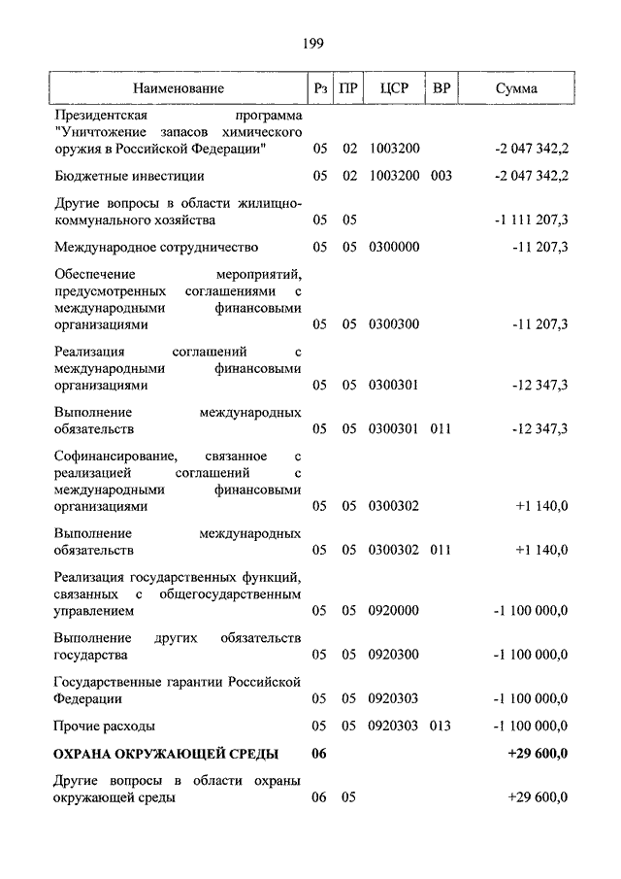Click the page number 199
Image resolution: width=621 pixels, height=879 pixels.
click(311, 43)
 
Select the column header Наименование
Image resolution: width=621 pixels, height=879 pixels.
click(179, 88)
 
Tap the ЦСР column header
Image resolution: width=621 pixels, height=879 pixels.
click(395, 88)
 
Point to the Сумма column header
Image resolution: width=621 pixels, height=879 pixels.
click(516, 88)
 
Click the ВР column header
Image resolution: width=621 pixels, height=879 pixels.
click(441, 88)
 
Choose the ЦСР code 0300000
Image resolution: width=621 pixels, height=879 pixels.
click(394, 247)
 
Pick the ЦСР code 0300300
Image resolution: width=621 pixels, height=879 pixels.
click(394, 323)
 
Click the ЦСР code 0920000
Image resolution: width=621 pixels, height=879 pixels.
click(394, 611)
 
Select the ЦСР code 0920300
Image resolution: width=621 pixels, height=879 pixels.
click(394, 655)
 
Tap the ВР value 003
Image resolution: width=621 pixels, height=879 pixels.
click(441, 176)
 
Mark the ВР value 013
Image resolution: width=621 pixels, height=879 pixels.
click(441, 726)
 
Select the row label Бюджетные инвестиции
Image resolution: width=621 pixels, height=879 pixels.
click(129, 176)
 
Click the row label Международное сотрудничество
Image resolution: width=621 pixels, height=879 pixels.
click(156, 247)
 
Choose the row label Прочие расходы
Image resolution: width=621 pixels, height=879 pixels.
click(105, 726)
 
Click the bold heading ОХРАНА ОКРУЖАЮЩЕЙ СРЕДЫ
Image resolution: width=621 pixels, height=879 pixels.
click(167, 754)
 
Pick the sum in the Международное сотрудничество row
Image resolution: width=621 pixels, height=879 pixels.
click(539, 247)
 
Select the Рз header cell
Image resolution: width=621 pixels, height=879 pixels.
click(320, 88)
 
